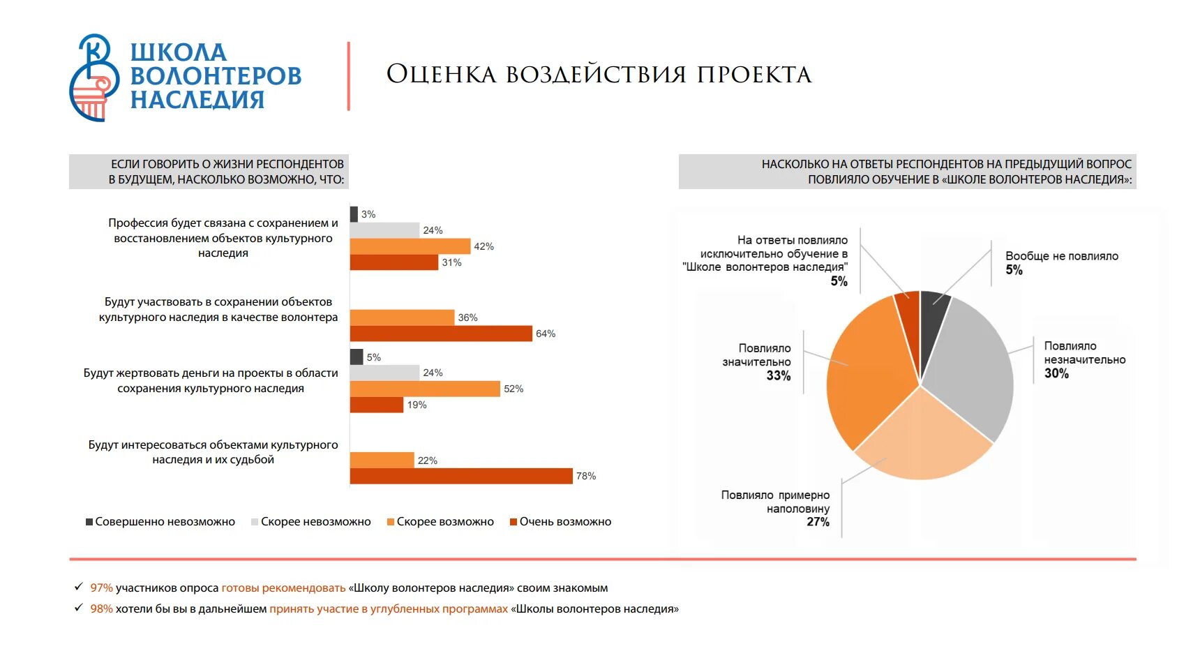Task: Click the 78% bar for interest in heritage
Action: coord(460,476)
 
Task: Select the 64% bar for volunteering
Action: coord(441,334)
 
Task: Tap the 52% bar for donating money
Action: coord(425,389)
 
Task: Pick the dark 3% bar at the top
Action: coord(354,214)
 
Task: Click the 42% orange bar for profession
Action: coord(410,246)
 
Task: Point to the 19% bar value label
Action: coord(417,405)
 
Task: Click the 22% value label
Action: coord(427,461)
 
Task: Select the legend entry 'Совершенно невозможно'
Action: coord(160,522)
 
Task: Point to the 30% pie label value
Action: coord(1056,374)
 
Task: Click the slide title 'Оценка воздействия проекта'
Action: coord(599,75)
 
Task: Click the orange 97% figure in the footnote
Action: coord(101,588)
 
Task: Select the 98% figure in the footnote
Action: coord(101,609)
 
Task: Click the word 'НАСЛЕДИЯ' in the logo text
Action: coord(197,100)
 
